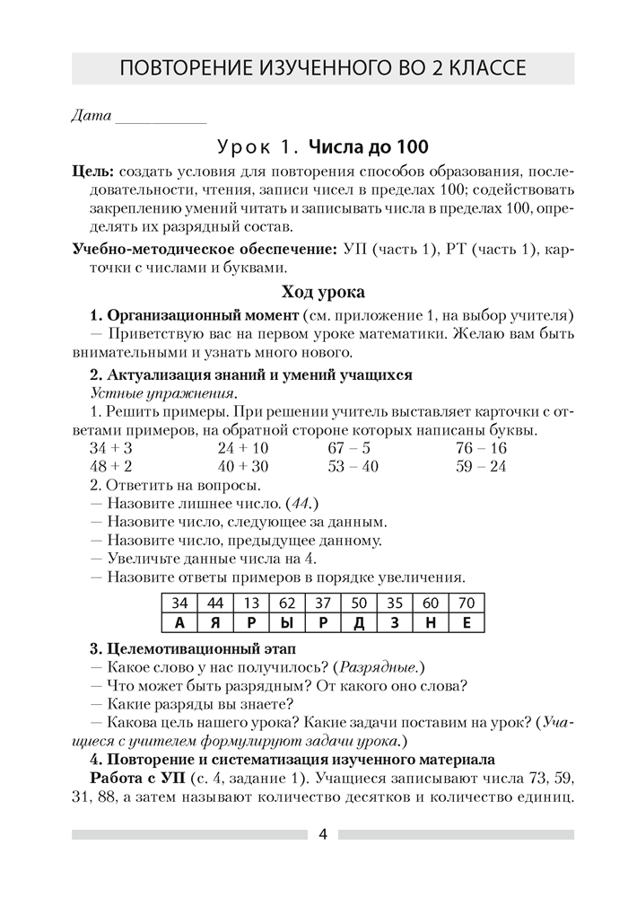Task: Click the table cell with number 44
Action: point(216,603)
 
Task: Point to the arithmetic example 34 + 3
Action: point(111,448)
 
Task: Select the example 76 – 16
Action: point(481,448)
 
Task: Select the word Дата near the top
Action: point(90,115)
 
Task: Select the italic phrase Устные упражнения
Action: point(165,393)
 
